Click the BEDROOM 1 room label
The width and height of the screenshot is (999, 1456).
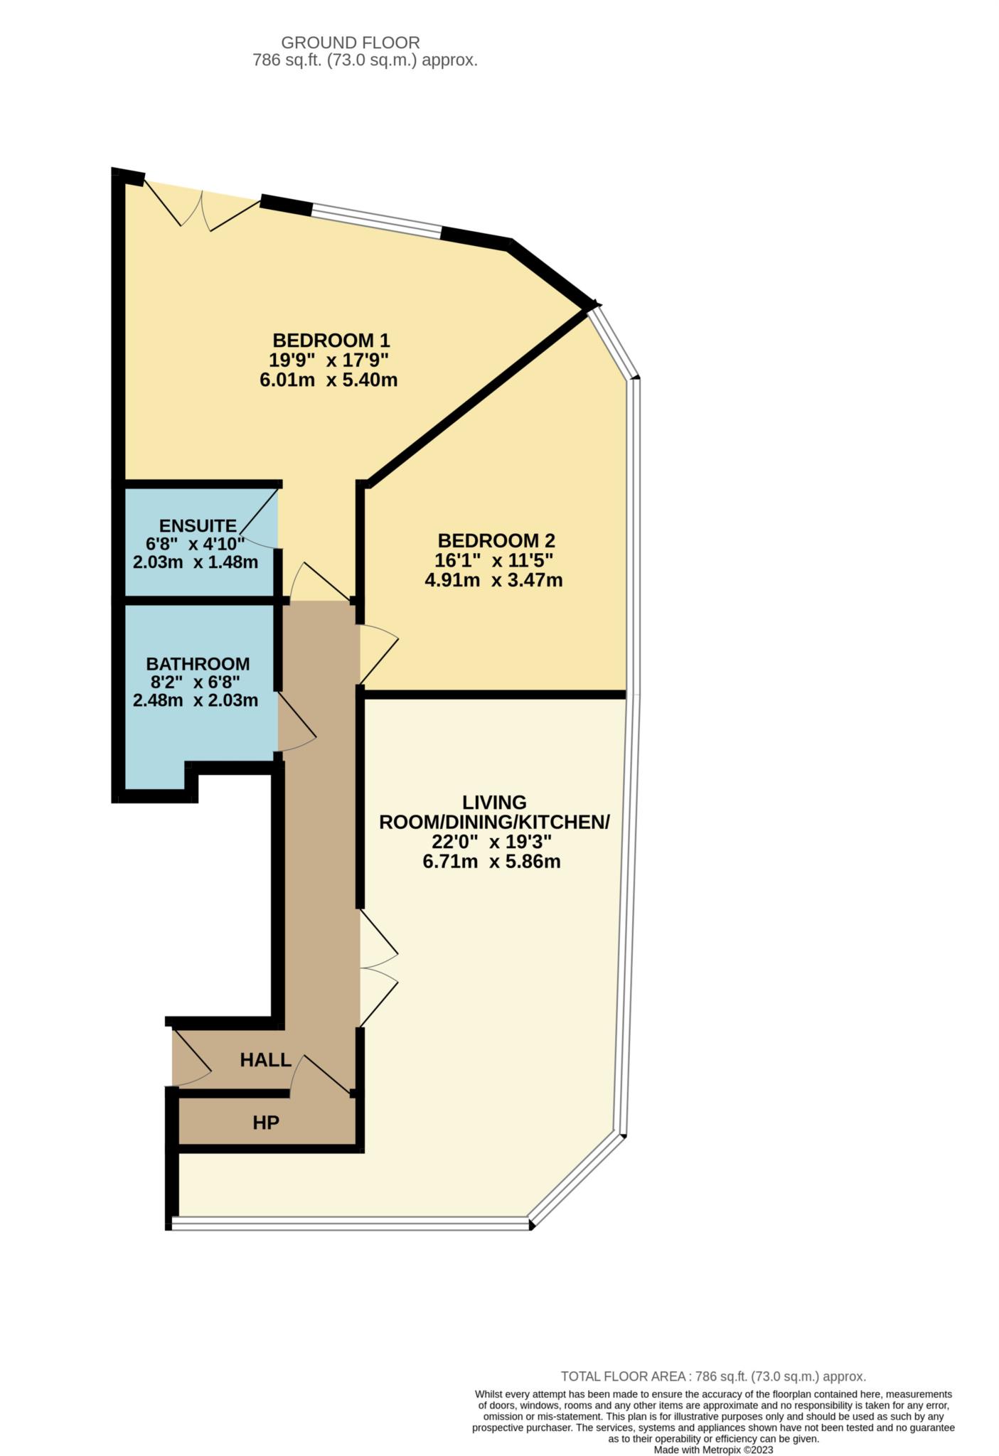[x=331, y=340]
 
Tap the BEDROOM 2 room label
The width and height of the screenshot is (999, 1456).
[x=496, y=540]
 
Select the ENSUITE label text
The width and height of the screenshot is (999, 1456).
[x=198, y=525]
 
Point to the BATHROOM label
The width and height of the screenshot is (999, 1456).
[x=198, y=664]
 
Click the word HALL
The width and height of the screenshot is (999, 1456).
[x=266, y=1060]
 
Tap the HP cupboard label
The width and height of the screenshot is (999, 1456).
[x=266, y=1123]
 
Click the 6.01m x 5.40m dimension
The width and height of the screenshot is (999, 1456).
[x=328, y=380]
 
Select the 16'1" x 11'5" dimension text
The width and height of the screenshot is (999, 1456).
[x=494, y=560]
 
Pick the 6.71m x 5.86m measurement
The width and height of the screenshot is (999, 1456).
[x=492, y=862]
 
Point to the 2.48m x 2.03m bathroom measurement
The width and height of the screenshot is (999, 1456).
[x=196, y=700]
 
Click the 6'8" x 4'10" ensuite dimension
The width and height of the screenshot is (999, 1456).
[x=196, y=544]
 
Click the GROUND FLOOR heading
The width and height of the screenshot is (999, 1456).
[x=351, y=43]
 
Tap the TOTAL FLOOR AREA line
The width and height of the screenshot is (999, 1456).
[x=713, y=1376]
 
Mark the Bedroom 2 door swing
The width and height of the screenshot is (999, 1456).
[x=379, y=654]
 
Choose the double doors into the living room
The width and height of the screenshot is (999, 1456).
[x=379, y=967]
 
